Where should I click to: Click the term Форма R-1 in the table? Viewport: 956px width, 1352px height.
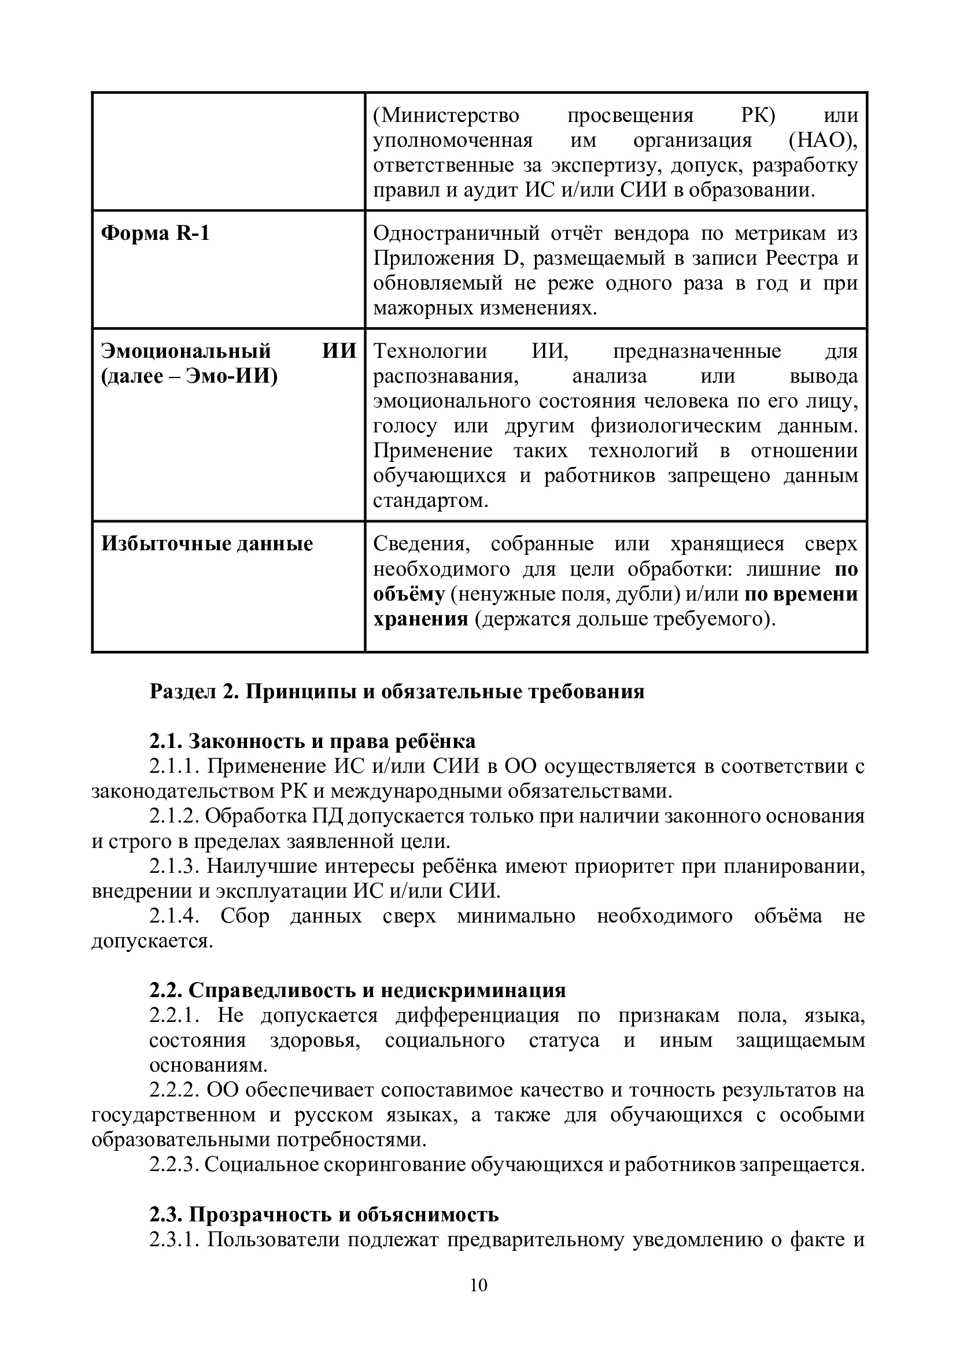(155, 234)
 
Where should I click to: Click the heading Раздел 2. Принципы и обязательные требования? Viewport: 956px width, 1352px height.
(397, 691)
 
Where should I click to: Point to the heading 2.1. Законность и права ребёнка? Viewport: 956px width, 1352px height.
(312, 741)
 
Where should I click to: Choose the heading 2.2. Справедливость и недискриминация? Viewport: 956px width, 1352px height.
(357, 991)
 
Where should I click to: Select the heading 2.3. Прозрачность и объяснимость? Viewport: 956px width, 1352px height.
(323, 1215)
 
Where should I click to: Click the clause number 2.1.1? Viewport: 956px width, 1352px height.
(174, 766)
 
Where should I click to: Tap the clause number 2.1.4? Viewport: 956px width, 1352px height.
(174, 916)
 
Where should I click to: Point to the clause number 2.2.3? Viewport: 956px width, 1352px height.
(174, 1165)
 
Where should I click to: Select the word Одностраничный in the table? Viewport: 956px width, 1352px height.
(456, 234)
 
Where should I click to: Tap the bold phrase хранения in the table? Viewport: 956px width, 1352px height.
(420, 620)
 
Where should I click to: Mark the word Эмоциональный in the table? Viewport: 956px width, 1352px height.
(186, 351)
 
